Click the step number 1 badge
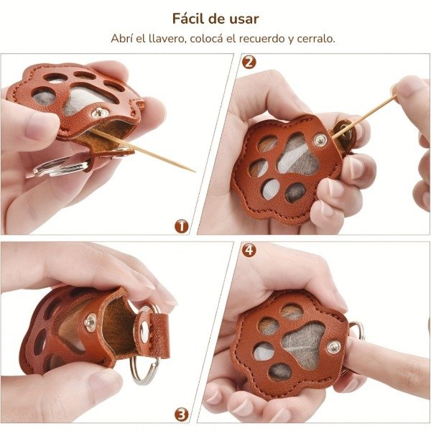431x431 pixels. [x=182, y=226]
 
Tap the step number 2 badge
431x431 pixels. [x=249, y=62]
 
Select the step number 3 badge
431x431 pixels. [x=182, y=414]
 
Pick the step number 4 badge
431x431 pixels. [x=249, y=250]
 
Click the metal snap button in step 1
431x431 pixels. [x=98, y=113]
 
